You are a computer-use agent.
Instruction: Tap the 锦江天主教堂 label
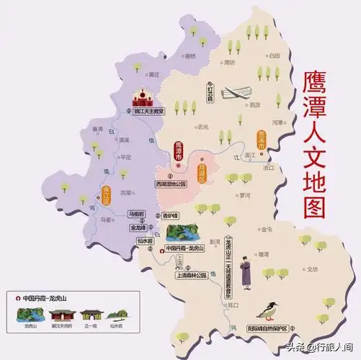pyautogui.click(x=149, y=112)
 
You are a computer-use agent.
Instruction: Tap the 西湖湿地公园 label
pyautogui.click(x=171, y=184)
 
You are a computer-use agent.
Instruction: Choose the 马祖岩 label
pyautogui.click(x=136, y=213)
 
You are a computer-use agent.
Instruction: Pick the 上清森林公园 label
pyautogui.click(x=190, y=274)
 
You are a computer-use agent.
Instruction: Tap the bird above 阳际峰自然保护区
pyautogui.click(x=273, y=311)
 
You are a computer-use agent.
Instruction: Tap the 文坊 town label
pyautogui.click(x=311, y=269)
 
